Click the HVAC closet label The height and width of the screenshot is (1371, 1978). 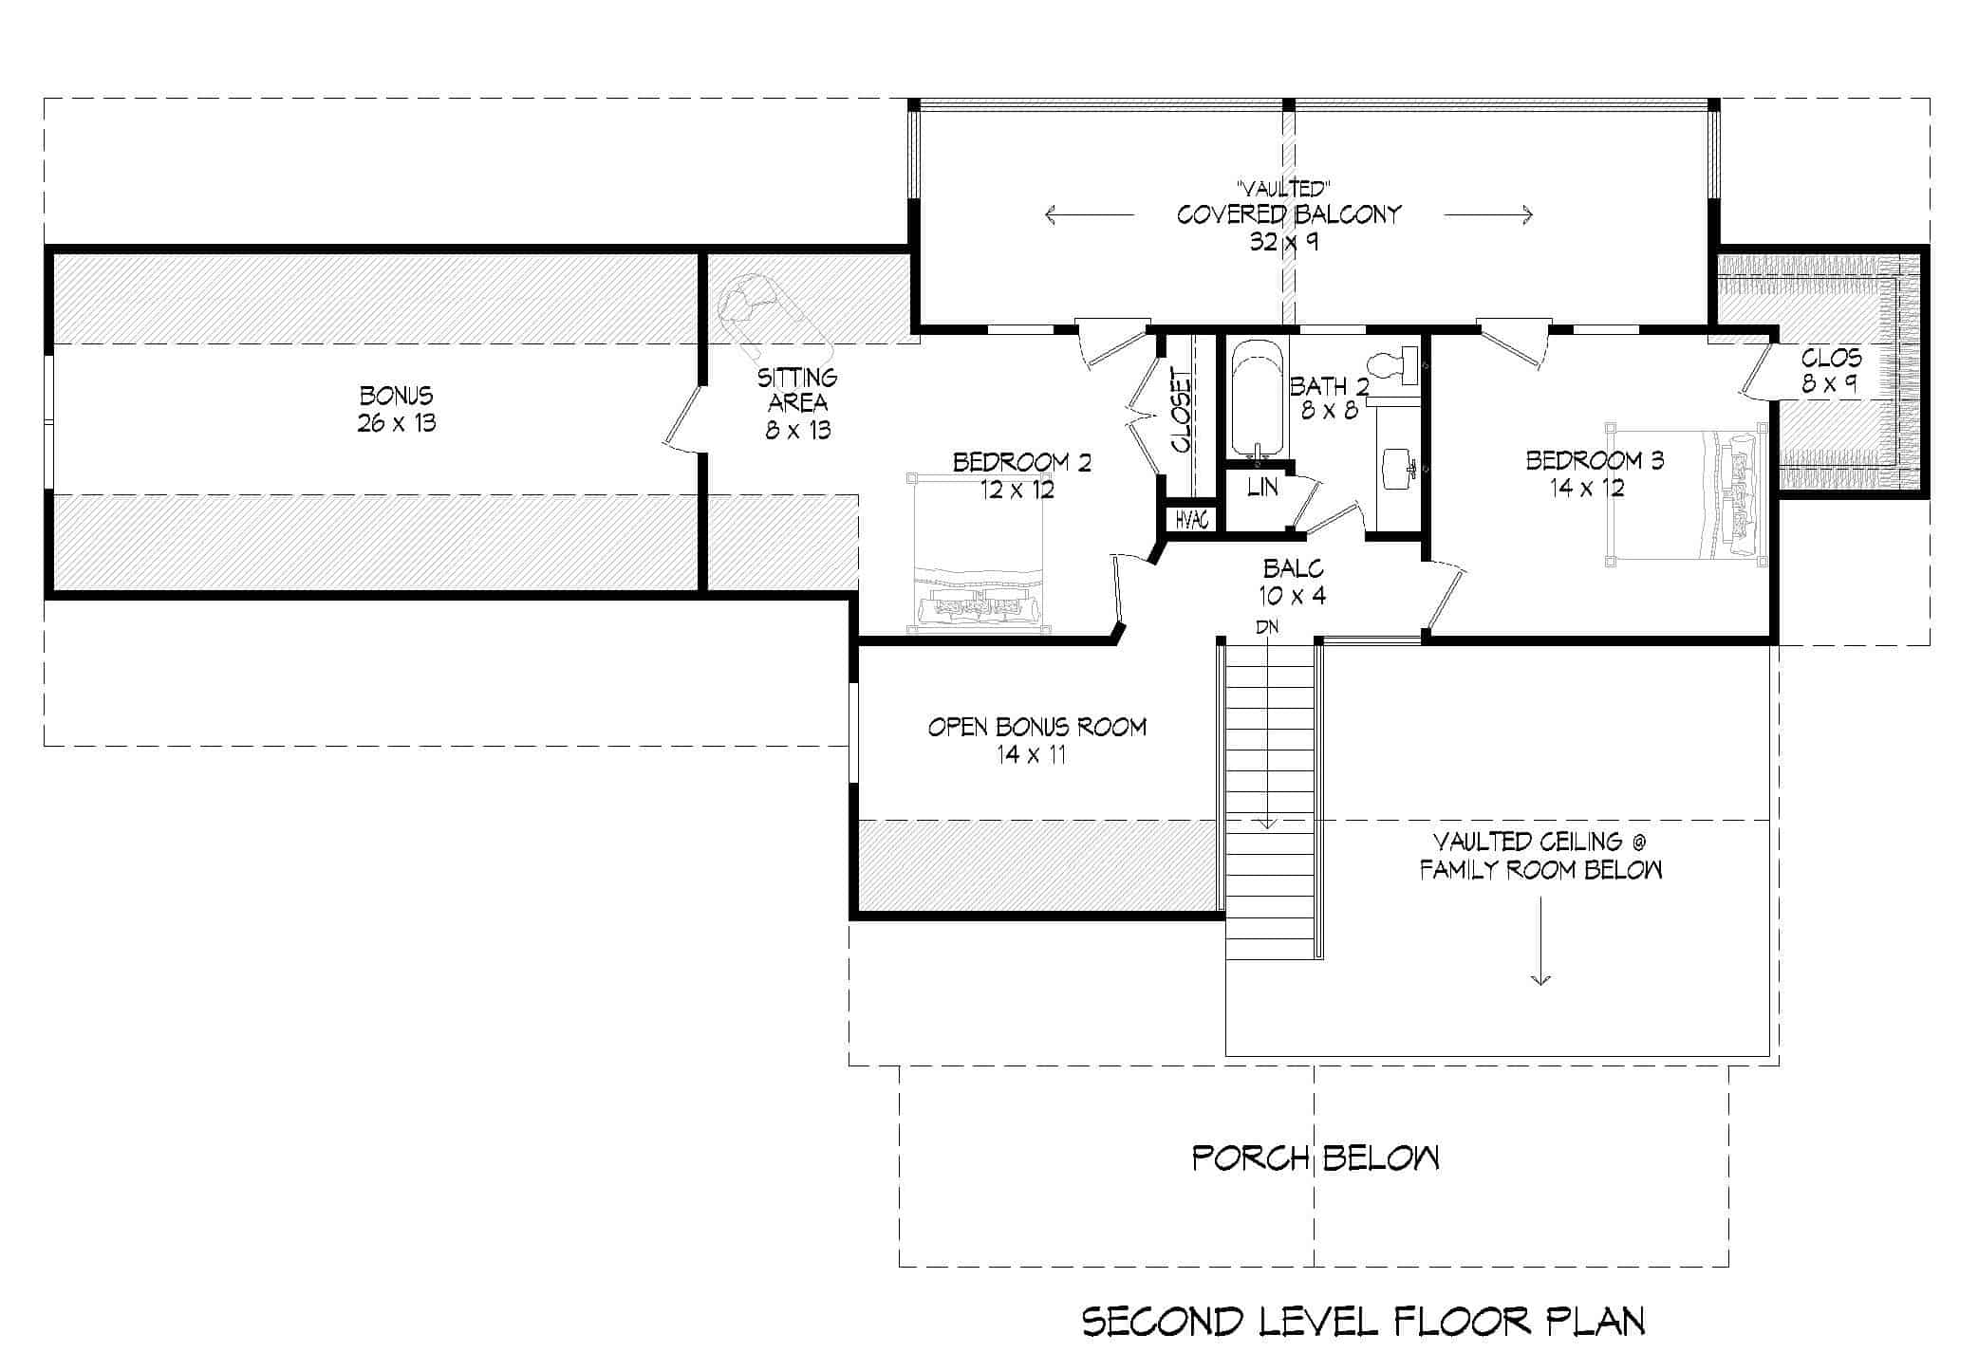pos(1191,520)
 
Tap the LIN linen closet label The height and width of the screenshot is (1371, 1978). pos(1262,488)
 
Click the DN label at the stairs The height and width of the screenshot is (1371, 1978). pos(1266,627)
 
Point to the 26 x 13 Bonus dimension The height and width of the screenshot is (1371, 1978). pos(397,423)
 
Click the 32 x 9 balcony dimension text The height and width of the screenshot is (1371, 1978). pos(1283,242)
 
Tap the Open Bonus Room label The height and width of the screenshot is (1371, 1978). pos(1036,728)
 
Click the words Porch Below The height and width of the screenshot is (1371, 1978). pos(1315,1158)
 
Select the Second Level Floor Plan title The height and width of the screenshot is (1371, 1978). pos(1364,1322)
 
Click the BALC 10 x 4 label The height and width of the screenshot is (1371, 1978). pos(1293,582)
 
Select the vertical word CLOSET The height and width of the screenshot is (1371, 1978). pos(1182,410)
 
